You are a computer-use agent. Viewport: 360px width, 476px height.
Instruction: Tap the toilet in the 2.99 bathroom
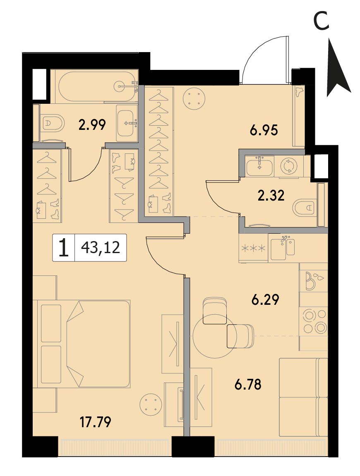click(x=53, y=122)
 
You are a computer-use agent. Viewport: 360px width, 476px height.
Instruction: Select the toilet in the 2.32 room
click(x=305, y=208)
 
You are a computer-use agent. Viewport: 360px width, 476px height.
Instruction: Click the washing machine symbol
click(x=288, y=166)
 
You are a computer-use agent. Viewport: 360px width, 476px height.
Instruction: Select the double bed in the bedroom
click(x=84, y=344)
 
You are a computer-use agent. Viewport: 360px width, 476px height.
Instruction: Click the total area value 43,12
click(x=101, y=248)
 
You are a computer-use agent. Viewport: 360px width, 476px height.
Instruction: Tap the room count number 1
click(x=63, y=248)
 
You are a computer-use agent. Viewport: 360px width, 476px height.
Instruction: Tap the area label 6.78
click(x=248, y=385)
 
